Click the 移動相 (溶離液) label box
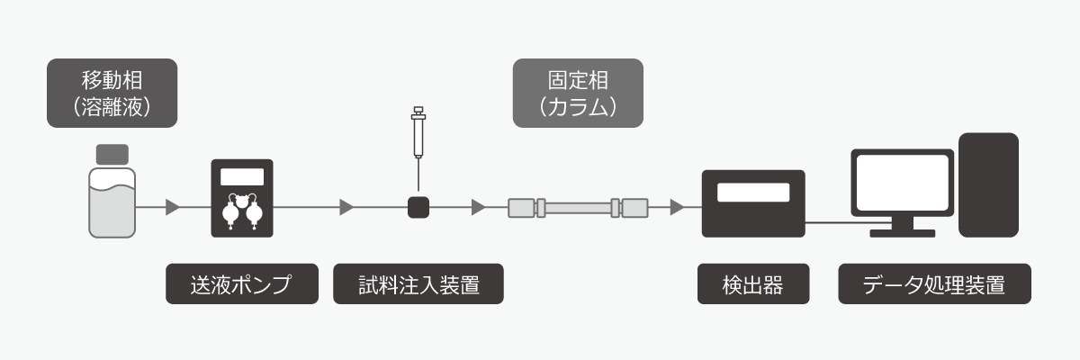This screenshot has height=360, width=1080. [x=112, y=93]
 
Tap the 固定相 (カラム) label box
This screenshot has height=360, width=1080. [x=578, y=93]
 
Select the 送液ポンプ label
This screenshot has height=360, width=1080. [x=241, y=285]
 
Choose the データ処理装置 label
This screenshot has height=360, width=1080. [x=933, y=285]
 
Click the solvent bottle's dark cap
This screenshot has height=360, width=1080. [x=112, y=153]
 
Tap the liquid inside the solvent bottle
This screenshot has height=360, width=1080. [x=112, y=211]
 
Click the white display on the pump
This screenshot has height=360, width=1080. [x=241, y=176]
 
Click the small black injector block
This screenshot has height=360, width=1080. [x=418, y=208]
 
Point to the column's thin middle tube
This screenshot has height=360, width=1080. [x=577, y=208]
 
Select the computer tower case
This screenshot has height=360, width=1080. [x=988, y=184]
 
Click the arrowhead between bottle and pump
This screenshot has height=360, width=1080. [x=172, y=208]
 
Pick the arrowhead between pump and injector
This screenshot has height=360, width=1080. [x=346, y=208]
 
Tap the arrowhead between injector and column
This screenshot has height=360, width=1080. [x=478, y=208]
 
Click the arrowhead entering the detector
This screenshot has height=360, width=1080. [x=676, y=208]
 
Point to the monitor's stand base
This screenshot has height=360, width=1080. [x=902, y=233]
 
